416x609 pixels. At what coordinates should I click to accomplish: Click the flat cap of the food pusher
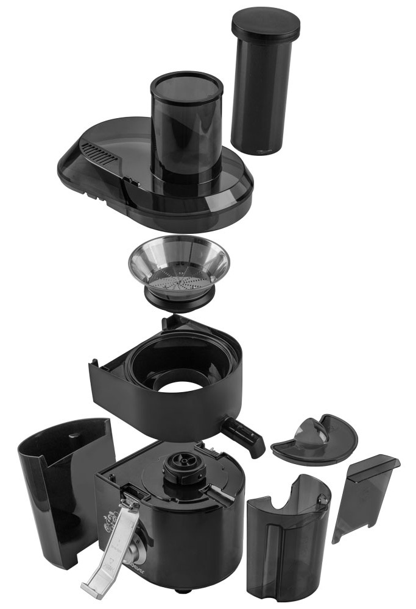pyautogui.click(x=266, y=22)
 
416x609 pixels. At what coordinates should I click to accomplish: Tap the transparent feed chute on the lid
pyautogui.click(x=186, y=128)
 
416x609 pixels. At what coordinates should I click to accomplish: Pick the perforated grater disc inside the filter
pyautogui.click(x=178, y=281)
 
